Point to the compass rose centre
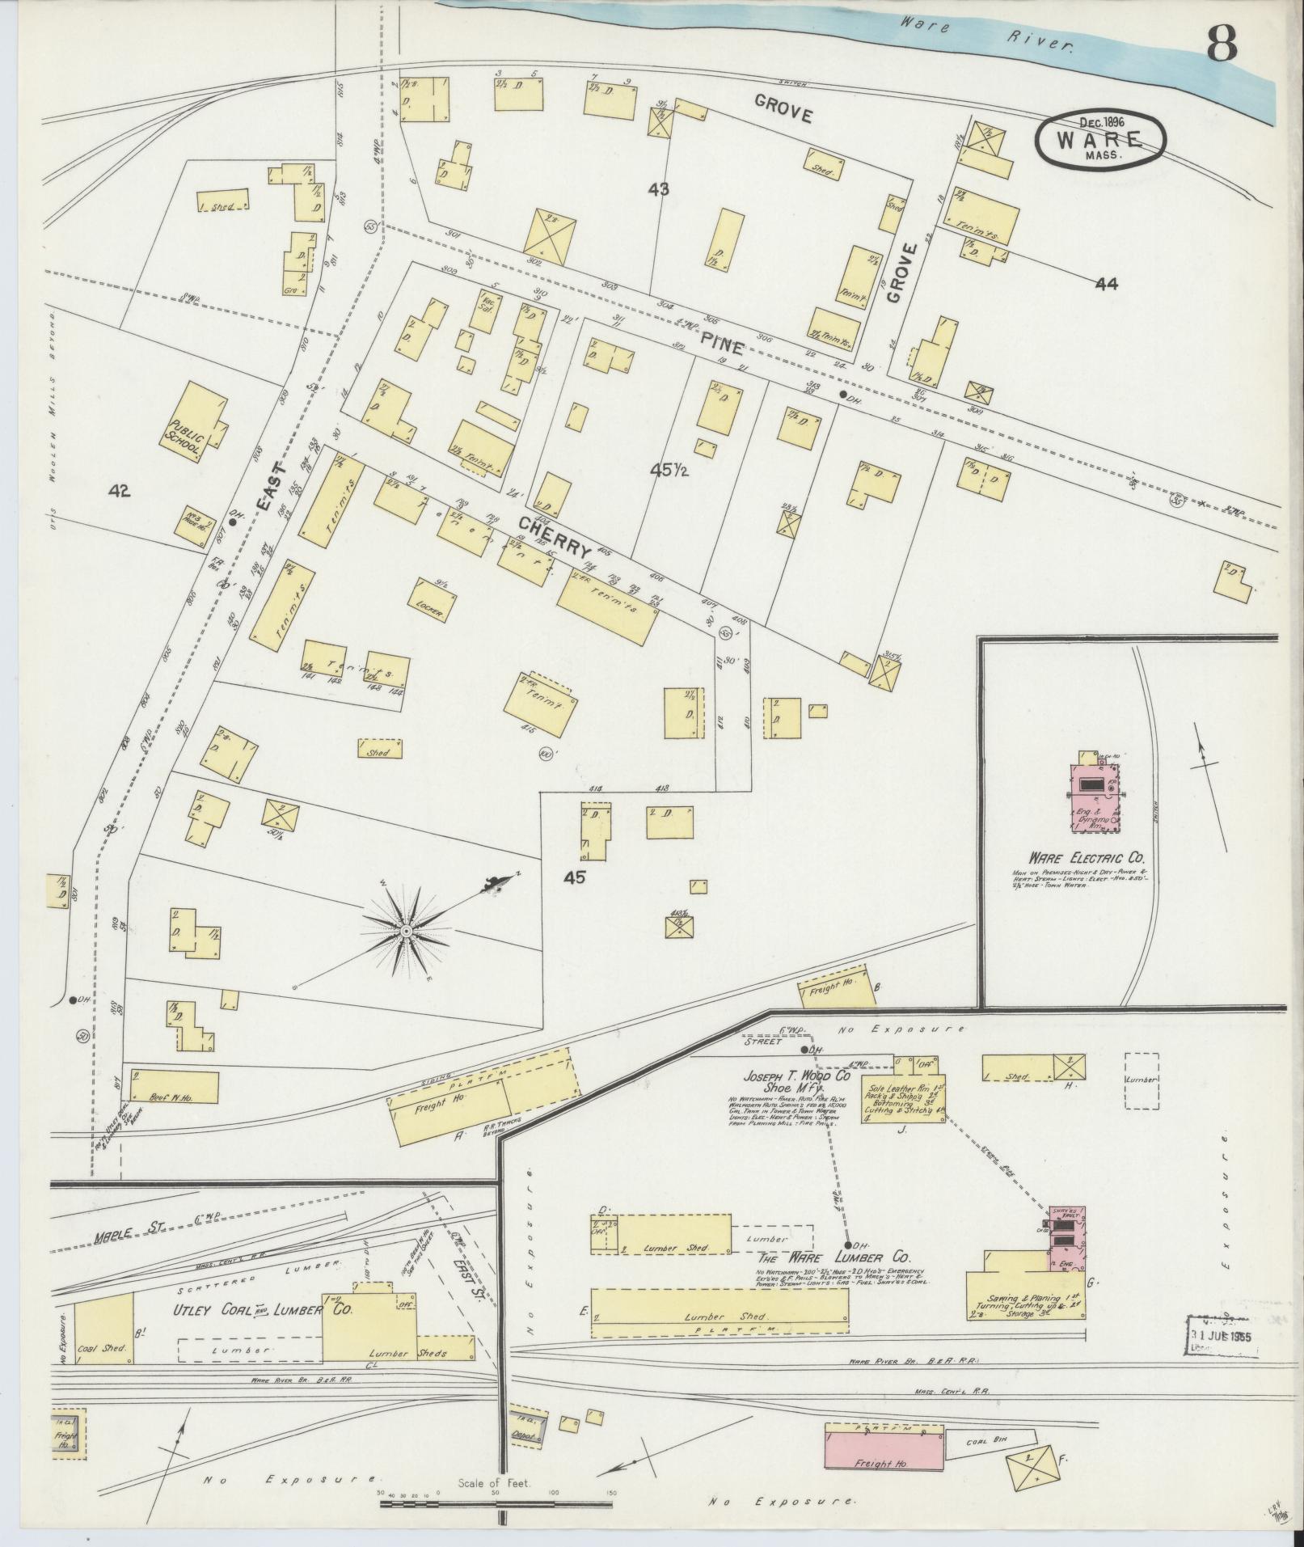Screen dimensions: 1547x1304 [406, 932]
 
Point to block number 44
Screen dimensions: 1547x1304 [1107, 283]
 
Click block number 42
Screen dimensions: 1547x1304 [119, 491]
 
